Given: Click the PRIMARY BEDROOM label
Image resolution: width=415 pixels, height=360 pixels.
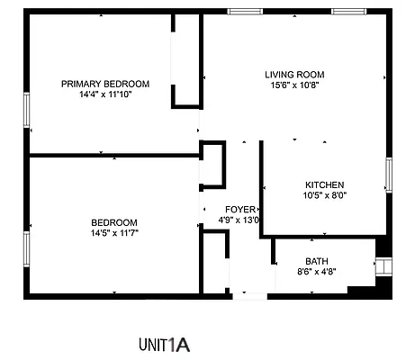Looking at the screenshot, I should (105, 84).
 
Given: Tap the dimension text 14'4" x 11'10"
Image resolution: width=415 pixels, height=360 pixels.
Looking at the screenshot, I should (105, 94).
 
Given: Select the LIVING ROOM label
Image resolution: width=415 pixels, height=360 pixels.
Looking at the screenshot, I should (294, 75).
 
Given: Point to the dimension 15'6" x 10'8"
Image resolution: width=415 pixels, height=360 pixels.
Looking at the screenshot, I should (294, 85).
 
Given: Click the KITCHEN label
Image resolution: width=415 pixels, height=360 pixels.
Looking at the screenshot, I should (324, 184).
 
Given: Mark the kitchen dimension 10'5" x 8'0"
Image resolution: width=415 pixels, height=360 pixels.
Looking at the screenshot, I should (324, 195).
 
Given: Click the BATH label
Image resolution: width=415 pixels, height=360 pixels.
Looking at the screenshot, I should (317, 262).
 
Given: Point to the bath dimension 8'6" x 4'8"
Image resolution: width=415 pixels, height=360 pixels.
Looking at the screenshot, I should (317, 272).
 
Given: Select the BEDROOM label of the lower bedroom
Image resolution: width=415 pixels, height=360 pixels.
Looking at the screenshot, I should (114, 222).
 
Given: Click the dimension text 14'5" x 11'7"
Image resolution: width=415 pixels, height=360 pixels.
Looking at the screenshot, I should (114, 233).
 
